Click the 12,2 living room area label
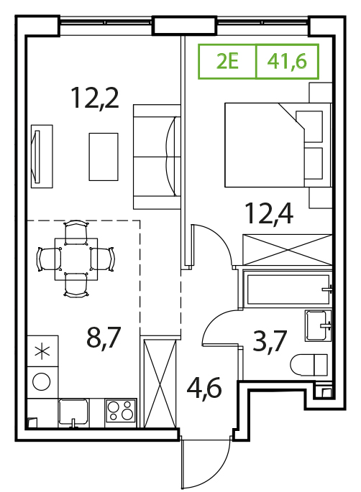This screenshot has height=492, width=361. (95, 98)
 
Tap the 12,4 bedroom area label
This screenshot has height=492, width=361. (270, 213)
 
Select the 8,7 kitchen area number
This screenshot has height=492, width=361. (104, 338)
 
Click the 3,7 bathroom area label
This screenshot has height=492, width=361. (270, 341)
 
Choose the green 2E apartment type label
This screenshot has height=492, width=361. (228, 61)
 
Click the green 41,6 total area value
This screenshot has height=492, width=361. (287, 62)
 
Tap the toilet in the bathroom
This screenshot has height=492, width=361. (309, 365)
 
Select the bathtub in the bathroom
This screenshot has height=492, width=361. (288, 289)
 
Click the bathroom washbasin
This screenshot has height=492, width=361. (318, 325)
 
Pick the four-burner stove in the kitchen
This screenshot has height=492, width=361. (121, 411)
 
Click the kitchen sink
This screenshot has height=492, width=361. (73, 412)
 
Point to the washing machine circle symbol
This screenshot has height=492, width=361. (42, 382)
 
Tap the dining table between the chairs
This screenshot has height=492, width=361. (76, 259)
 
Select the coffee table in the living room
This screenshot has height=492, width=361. (104, 157)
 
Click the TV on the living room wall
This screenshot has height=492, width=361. (37, 157)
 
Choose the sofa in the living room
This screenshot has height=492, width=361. (157, 157)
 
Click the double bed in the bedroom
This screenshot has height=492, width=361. (278, 145)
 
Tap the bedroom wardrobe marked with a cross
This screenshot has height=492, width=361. (288, 250)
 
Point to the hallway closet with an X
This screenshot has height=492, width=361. (160, 383)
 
